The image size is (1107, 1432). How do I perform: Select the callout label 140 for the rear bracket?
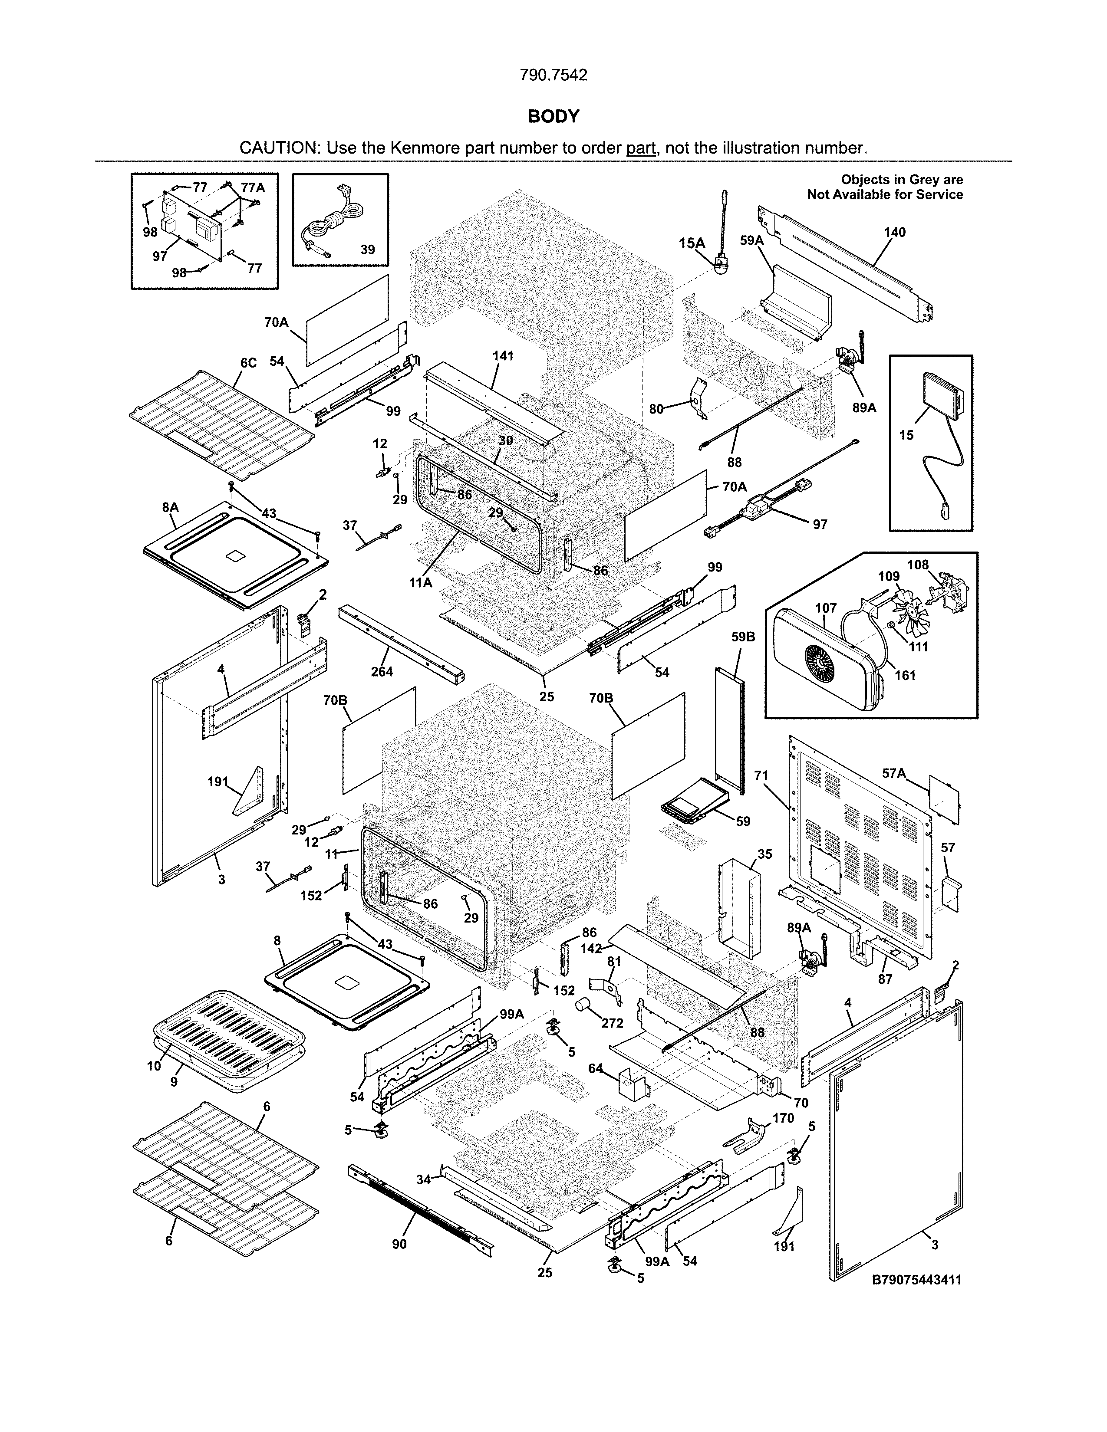(895, 232)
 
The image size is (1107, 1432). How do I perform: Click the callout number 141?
(503, 356)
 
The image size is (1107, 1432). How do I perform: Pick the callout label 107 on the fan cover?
(826, 608)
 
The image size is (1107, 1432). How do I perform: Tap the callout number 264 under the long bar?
(382, 671)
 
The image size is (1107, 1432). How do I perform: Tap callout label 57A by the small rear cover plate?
(894, 774)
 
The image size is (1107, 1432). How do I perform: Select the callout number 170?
(783, 1118)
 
